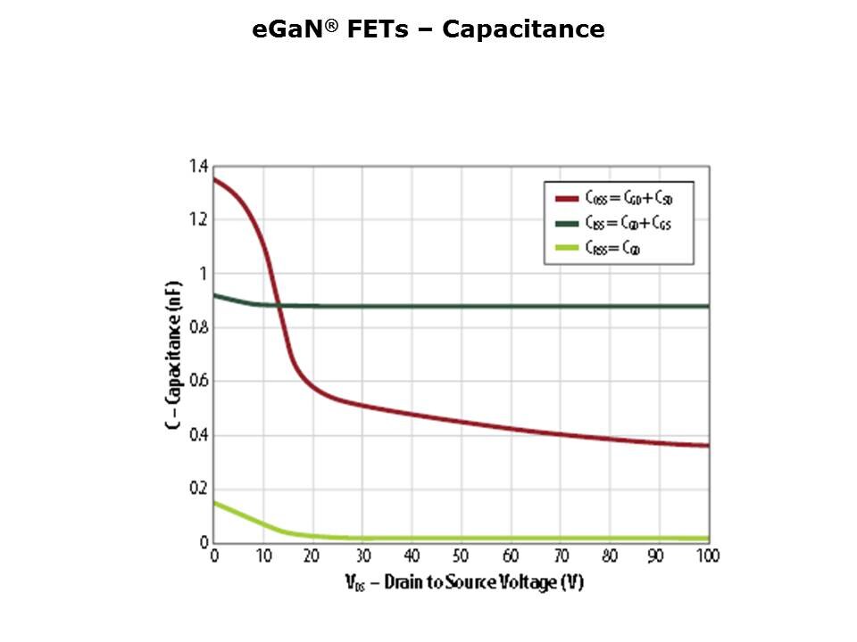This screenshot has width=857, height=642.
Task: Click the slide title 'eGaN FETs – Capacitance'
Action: point(428,29)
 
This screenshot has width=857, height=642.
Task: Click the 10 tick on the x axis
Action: point(263,556)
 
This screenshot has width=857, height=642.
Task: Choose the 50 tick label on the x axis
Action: point(462,556)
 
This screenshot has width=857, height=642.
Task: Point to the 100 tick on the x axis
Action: point(707,556)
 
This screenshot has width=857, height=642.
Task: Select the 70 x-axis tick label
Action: point(561,556)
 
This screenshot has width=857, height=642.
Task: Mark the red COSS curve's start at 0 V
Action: point(215,180)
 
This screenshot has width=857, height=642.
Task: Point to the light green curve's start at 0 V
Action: point(215,503)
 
